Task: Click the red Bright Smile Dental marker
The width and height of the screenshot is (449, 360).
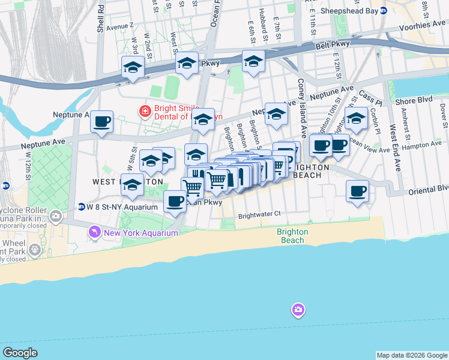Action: point(144,112)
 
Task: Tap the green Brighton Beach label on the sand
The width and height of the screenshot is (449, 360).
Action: point(293,236)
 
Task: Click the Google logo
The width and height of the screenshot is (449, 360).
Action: point(20,353)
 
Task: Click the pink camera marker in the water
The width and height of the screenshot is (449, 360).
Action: point(298,310)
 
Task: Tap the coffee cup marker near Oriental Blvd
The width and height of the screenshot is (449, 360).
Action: point(357,191)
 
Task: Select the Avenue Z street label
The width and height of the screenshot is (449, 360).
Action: point(119,27)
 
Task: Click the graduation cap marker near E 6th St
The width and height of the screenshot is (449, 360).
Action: point(253,62)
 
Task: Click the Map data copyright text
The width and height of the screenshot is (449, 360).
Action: point(411,355)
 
